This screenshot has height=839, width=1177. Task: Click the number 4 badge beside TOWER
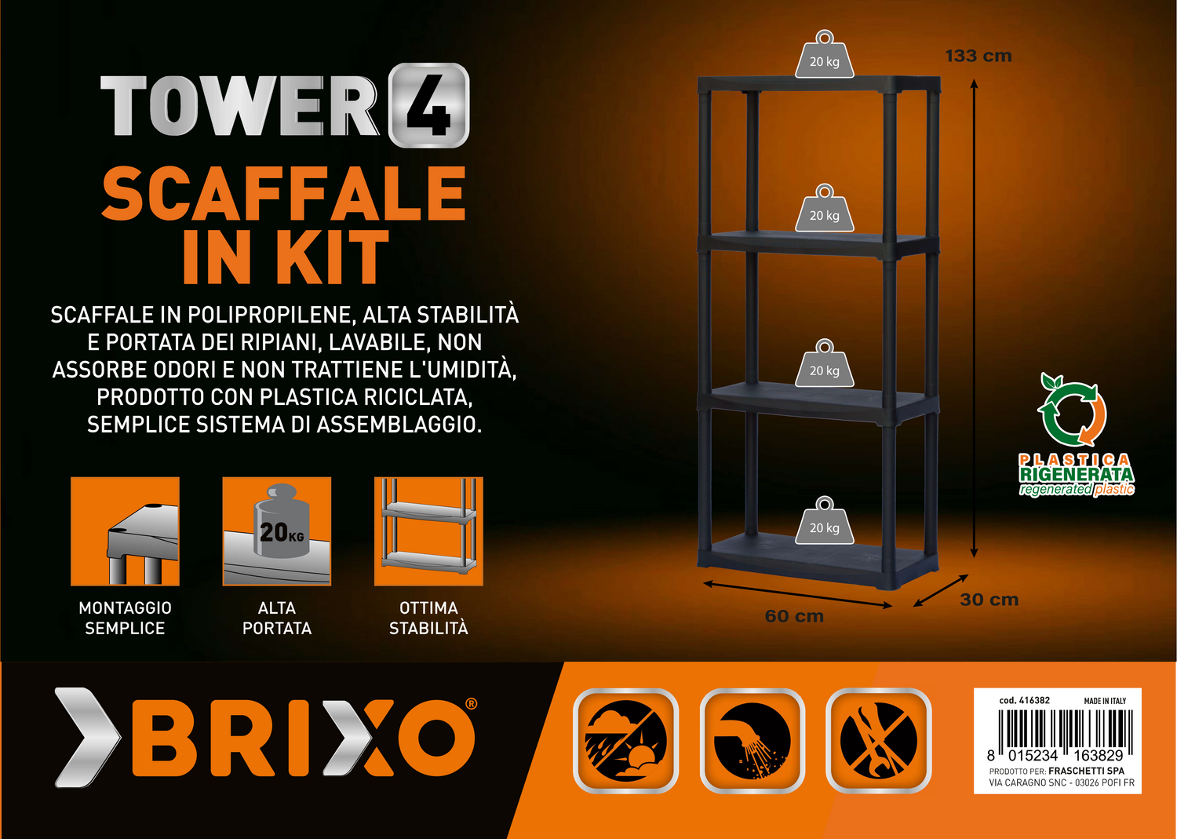(428, 105)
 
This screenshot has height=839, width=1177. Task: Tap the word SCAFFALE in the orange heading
(284, 193)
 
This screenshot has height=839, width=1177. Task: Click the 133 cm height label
(978, 57)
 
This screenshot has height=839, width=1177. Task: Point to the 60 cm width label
(794, 616)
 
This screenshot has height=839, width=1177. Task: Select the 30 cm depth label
(989, 600)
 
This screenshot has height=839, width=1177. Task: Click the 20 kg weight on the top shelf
(824, 54)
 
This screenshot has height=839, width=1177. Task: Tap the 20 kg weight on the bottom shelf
(824, 520)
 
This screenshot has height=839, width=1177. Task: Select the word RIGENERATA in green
(1077, 474)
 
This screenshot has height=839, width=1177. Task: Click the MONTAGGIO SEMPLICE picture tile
(125, 531)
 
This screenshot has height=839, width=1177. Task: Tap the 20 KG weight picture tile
(277, 531)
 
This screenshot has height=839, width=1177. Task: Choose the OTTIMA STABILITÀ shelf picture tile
(428, 531)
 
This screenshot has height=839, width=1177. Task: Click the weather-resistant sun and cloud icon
(626, 741)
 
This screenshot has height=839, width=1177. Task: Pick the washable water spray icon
(752, 741)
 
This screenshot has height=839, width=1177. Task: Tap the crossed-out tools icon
(879, 741)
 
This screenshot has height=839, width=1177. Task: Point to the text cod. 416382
(1024, 700)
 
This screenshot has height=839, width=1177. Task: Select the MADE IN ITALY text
(1105, 701)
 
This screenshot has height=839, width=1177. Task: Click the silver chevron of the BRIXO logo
(88, 738)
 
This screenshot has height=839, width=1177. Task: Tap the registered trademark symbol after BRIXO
(472, 704)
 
